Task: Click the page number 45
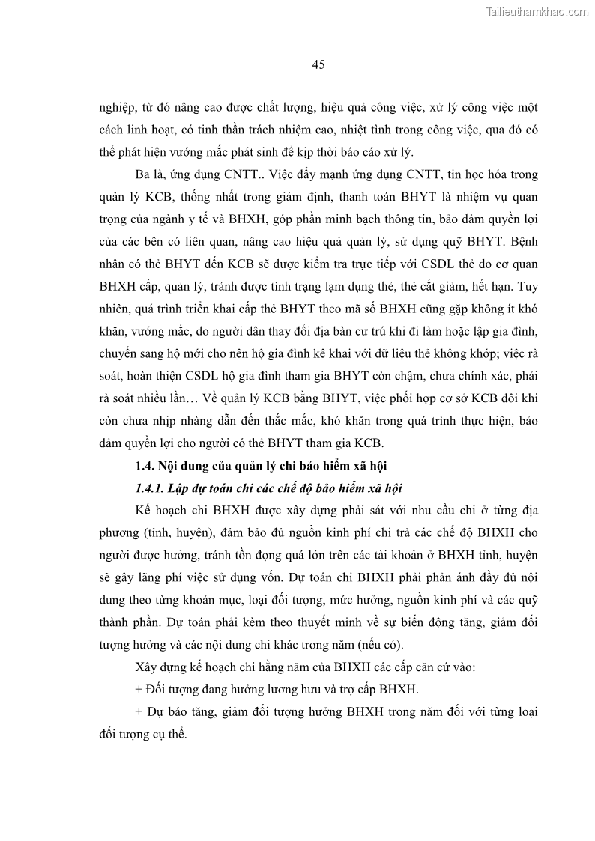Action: (318, 65)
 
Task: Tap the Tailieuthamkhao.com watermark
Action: (538, 12)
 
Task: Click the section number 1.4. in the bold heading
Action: (145, 467)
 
